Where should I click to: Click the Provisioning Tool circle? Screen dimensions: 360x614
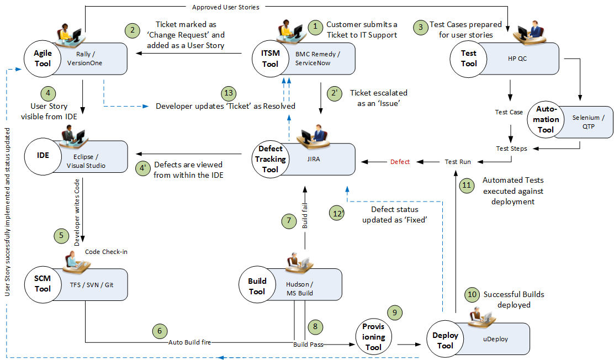tap(373, 337)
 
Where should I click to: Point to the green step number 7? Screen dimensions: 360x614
tap(288, 221)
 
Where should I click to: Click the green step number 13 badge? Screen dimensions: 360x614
tap(227, 93)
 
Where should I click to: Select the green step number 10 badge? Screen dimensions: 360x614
tap(471, 294)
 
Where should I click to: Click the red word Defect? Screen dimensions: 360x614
tap(400, 162)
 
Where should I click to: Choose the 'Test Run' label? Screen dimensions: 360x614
tap(458, 162)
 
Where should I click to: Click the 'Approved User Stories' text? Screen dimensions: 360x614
tap(225, 7)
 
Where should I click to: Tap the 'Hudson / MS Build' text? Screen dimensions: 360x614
tap(299, 289)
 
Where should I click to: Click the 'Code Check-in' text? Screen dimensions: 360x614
tap(107, 252)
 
